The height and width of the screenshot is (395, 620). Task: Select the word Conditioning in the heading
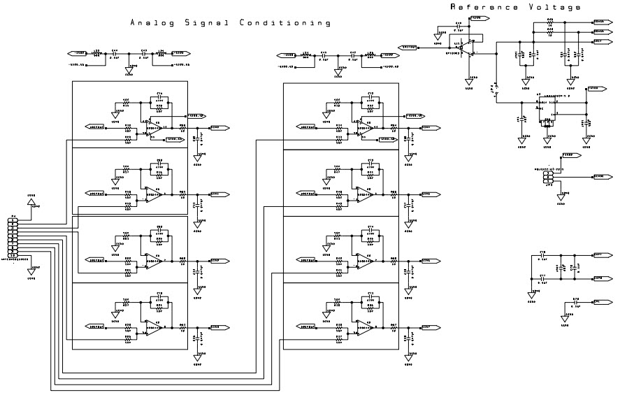point(285,23)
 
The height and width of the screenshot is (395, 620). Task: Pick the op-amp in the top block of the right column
point(363,128)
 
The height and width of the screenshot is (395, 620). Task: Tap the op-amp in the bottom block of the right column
point(363,327)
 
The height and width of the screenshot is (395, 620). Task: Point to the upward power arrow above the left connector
point(31,202)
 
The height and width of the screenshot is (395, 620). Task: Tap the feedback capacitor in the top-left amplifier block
point(159,97)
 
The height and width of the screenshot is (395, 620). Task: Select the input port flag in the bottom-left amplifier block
point(95,326)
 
